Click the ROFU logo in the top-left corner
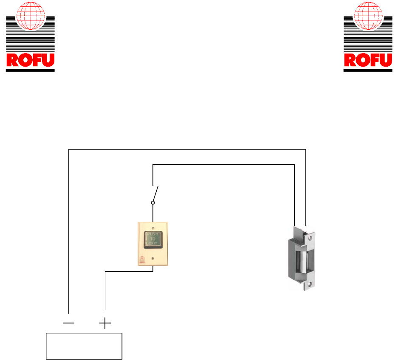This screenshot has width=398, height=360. pos(30,37)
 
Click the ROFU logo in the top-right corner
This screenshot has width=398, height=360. pos(367,37)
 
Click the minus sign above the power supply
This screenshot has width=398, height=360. pos(68,323)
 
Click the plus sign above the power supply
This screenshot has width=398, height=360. pos(105,324)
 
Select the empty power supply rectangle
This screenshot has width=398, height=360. pos(84,346)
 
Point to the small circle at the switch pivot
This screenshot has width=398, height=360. pos(153,203)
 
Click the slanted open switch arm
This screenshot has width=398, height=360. pos(156,194)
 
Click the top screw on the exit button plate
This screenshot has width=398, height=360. pos(152,226)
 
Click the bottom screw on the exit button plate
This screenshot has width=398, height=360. pos(152,258)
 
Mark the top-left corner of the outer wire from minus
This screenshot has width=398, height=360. pos(69,149)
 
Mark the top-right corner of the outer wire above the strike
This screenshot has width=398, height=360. pos(306,149)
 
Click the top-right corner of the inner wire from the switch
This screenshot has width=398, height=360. pos(294,164)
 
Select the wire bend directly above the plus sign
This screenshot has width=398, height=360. pos(105,271)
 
